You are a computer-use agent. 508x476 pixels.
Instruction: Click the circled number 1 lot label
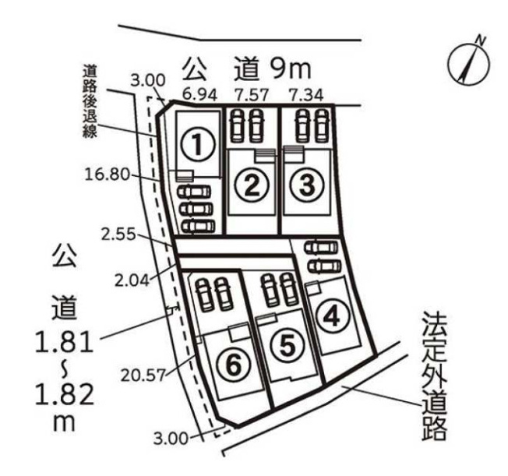coord(198,146)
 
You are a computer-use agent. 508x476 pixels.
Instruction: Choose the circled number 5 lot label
coord(288,346)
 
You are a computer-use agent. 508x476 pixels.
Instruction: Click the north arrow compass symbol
coord(469,62)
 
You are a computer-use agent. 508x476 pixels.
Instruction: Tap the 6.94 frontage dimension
coord(199,94)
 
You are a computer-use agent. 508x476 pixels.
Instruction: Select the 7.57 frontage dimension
coord(252,95)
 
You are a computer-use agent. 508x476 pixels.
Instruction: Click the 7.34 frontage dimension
coord(306,95)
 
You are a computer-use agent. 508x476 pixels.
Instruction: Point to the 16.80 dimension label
coord(108,175)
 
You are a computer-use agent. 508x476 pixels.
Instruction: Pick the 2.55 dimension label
coord(118,234)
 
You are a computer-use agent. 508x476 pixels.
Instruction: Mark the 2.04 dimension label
coord(132,280)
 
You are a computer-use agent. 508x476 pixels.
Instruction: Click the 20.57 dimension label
coord(143,376)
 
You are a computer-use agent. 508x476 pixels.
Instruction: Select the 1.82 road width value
coord(65,395)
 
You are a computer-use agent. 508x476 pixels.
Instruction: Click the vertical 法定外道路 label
coord(435,376)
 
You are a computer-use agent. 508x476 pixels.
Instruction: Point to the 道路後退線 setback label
coord(90,102)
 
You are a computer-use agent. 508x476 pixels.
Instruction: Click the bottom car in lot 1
coord(198,226)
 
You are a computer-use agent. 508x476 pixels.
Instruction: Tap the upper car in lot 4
coord(321,248)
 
